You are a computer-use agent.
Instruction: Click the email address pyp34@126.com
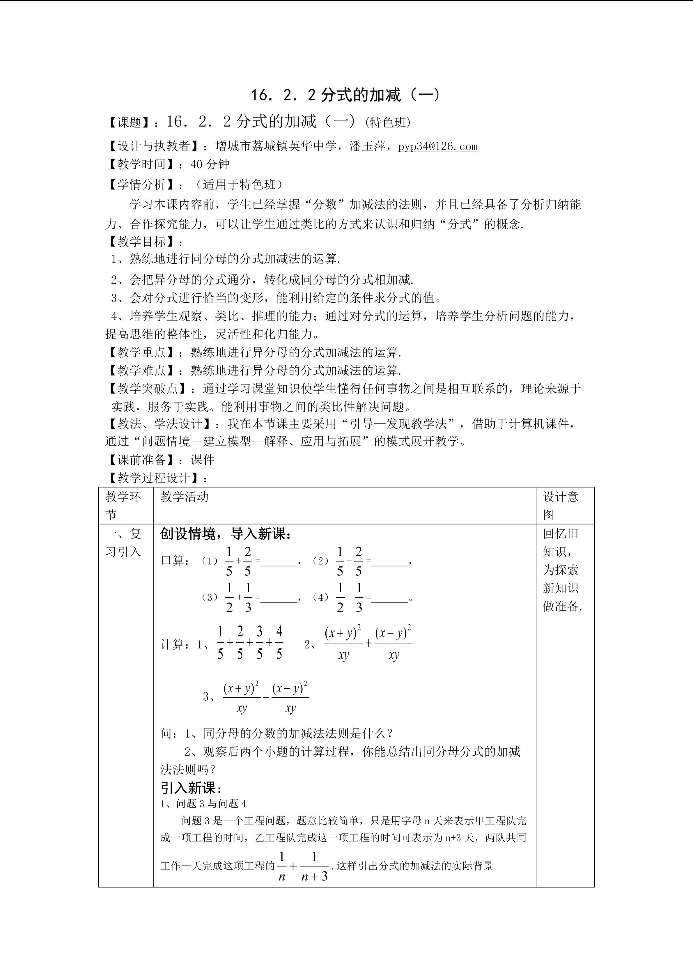click(437, 146)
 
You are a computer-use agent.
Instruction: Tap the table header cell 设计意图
click(560, 505)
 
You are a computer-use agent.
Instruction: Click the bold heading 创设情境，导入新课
click(226, 534)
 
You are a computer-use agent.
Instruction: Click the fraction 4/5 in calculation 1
click(279, 643)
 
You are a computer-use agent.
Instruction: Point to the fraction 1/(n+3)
click(314, 866)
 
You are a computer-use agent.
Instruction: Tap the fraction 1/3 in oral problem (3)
click(248, 598)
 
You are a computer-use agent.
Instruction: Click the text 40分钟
click(210, 164)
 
